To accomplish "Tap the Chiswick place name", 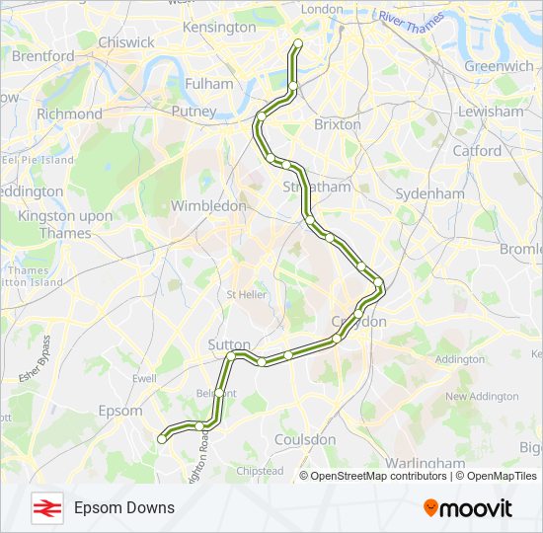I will click(126, 42).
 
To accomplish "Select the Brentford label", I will click(42, 56).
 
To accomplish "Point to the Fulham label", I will click(208, 84).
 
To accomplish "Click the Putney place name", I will click(194, 112).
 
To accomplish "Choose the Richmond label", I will click(69, 114).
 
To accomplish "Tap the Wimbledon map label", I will click(208, 206).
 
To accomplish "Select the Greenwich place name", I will click(499, 66).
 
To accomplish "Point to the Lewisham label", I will click(491, 112).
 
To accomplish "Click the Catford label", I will click(477, 151).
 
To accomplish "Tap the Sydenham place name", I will click(429, 193).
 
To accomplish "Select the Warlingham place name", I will click(426, 462).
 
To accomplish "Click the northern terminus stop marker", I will click(298, 42).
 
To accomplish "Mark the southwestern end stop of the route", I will click(162, 440).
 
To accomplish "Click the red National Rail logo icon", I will click(45, 508).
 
